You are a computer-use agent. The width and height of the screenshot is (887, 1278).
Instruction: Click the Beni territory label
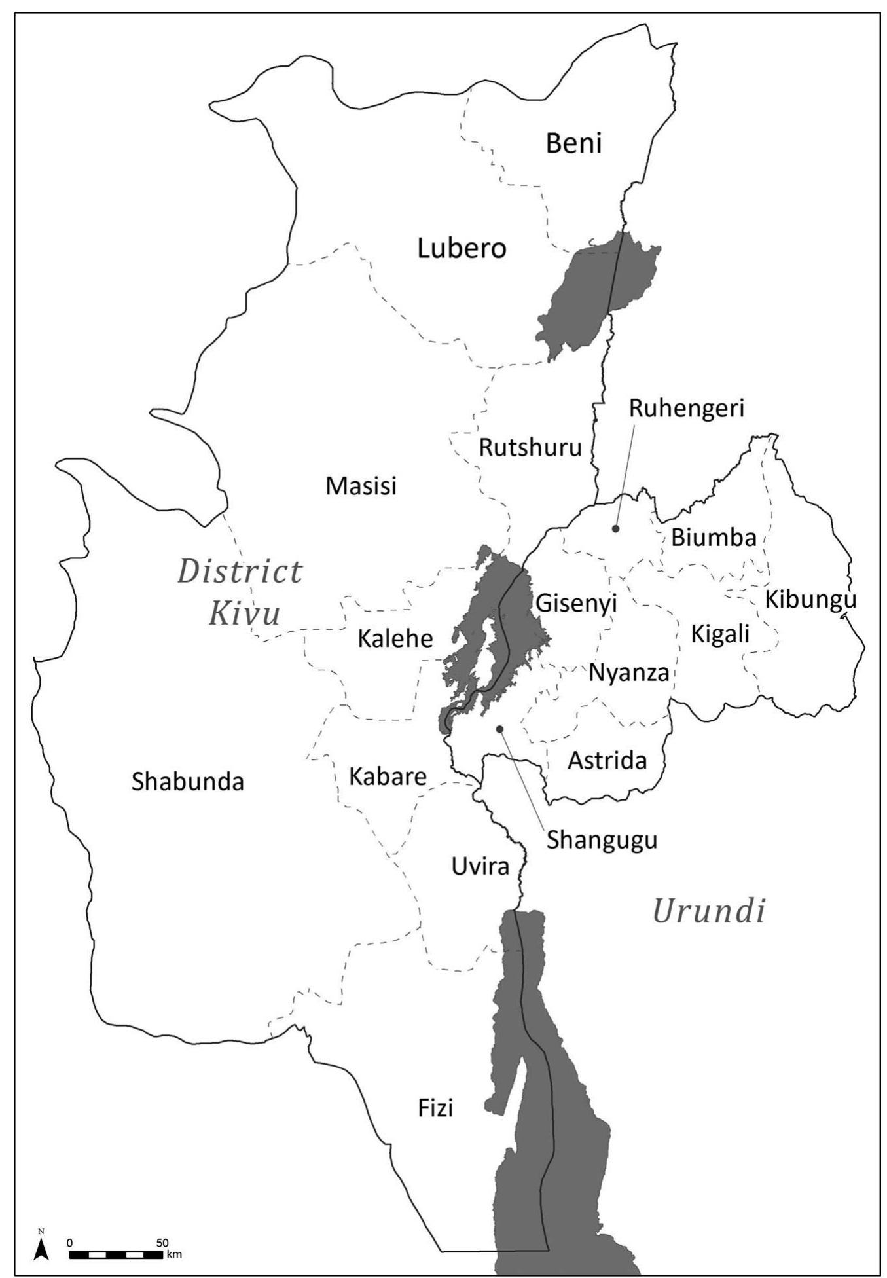point(573,143)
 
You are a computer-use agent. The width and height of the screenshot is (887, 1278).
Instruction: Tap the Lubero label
point(462,249)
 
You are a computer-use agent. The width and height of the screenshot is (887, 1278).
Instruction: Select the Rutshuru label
point(530,448)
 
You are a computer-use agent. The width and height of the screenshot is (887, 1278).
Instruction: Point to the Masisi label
point(361,486)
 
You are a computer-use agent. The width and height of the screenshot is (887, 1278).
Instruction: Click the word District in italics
point(240,572)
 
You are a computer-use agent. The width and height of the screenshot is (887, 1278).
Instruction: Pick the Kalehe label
point(395,638)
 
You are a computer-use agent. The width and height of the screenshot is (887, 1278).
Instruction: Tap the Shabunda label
point(187,782)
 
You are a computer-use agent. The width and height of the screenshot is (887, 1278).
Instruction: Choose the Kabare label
point(388,777)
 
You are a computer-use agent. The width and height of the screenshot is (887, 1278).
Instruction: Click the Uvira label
point(480,867)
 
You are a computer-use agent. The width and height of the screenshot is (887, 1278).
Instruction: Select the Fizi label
point(435,1108)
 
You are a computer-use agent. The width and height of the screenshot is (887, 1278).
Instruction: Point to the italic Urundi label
point(709,911)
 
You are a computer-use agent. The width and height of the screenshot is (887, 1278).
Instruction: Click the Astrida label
point(607,761)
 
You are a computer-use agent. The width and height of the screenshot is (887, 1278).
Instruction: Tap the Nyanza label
point(628,673)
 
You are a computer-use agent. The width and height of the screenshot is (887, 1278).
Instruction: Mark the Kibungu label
point(810,600)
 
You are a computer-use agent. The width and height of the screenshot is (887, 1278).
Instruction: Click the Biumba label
point(714,538)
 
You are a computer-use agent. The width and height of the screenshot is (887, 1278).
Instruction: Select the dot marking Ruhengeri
point(615,528)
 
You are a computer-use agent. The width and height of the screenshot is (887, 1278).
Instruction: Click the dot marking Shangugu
point(499,729)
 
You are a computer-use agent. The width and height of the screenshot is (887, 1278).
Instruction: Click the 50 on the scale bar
point(162,1242)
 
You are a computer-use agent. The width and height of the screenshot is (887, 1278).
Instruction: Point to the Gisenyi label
point(576,603)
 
